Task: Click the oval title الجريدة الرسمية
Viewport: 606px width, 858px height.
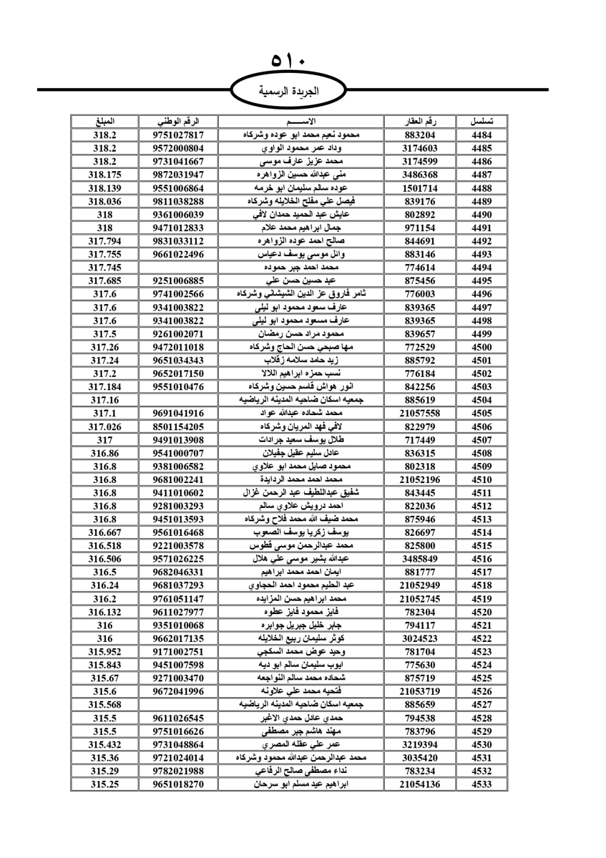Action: pyautogui.click(x=288, y=91)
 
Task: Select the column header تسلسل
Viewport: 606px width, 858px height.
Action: pyautogui.click(x=482, y=121)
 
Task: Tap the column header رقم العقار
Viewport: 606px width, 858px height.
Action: pyautogui.click(x=420, y=121)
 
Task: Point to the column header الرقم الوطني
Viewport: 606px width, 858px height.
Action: pyautogui.click(x=178, y=121)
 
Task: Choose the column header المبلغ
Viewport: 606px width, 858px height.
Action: pyautogui.click(x=105, y=121)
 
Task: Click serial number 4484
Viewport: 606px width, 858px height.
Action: pyautogui.click(x=482, y=135)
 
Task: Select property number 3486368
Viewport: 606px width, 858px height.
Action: pyautogui.click(x=420, y=175)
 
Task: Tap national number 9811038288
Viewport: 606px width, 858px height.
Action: pyautogui.click(x=178, y=201)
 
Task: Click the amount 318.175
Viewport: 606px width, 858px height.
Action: pyautogui.click(x=105, y=175)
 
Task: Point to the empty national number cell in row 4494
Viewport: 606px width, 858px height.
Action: pyautogui.click(x=178, y=268)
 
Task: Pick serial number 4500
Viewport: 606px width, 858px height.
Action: pyautogui.click(x=482, y=347)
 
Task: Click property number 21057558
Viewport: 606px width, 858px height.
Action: pyautogui.click(x=420, y=413)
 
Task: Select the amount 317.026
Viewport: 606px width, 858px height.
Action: pyautogui.click(x=105, y=427)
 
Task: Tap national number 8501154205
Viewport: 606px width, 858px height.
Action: pyautogui.click(x=178, y=427)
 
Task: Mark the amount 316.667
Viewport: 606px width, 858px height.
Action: pyautogui.click(x=105, y=533)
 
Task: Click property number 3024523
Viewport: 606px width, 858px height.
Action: pyautogui.click(x=420, y=638)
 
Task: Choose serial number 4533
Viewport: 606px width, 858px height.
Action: pyautogui.click(x=482, y=784)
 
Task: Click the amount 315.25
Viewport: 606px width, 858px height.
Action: pyautogui.click(x=105, y=784)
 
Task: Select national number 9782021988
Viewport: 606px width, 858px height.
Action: pyautogui.click(x=178, y=771)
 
